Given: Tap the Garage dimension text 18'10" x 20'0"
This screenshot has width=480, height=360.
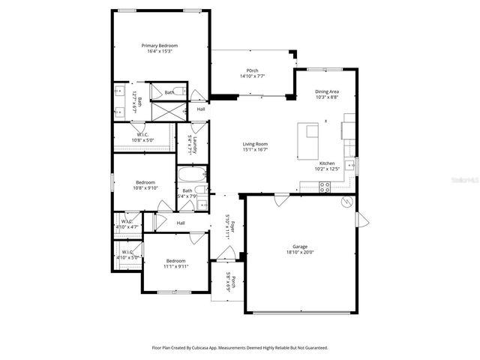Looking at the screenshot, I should [x=299, y=252].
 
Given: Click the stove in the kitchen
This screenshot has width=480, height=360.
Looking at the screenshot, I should [x=325, y=187].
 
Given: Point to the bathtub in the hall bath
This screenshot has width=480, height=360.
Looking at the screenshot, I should [x=187, y=176].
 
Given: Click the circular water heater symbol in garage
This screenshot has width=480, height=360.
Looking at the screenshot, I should [x=346, y=202].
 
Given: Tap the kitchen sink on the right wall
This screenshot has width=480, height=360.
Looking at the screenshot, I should [x=349, y=164].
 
